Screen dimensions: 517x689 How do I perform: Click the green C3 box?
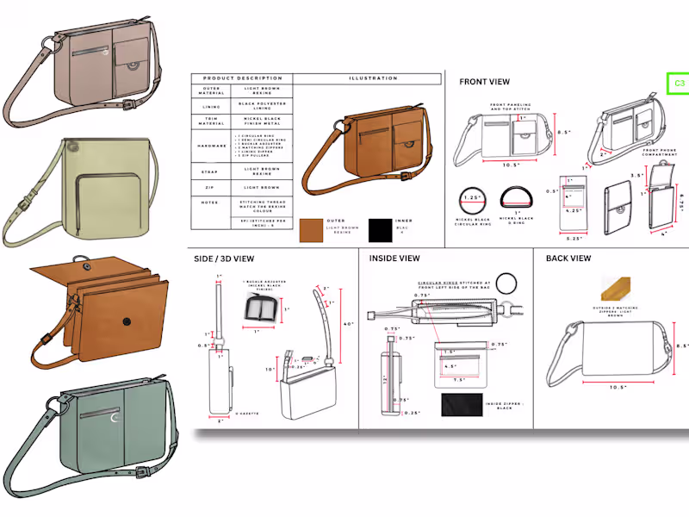coord(679,84)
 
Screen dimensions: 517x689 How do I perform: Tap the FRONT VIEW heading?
coord(483,82)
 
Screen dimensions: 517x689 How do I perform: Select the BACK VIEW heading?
coord(568,258)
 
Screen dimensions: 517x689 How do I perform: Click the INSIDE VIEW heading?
coord(394,258)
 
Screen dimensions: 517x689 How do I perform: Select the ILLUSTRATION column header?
coord(373,78)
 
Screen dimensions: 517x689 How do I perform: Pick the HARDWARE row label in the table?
coord(211,146)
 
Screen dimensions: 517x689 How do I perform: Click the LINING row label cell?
coord(211,108)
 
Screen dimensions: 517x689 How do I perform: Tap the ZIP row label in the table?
coord(211,187)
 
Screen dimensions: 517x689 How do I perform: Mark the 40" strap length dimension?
coord(348,324)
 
